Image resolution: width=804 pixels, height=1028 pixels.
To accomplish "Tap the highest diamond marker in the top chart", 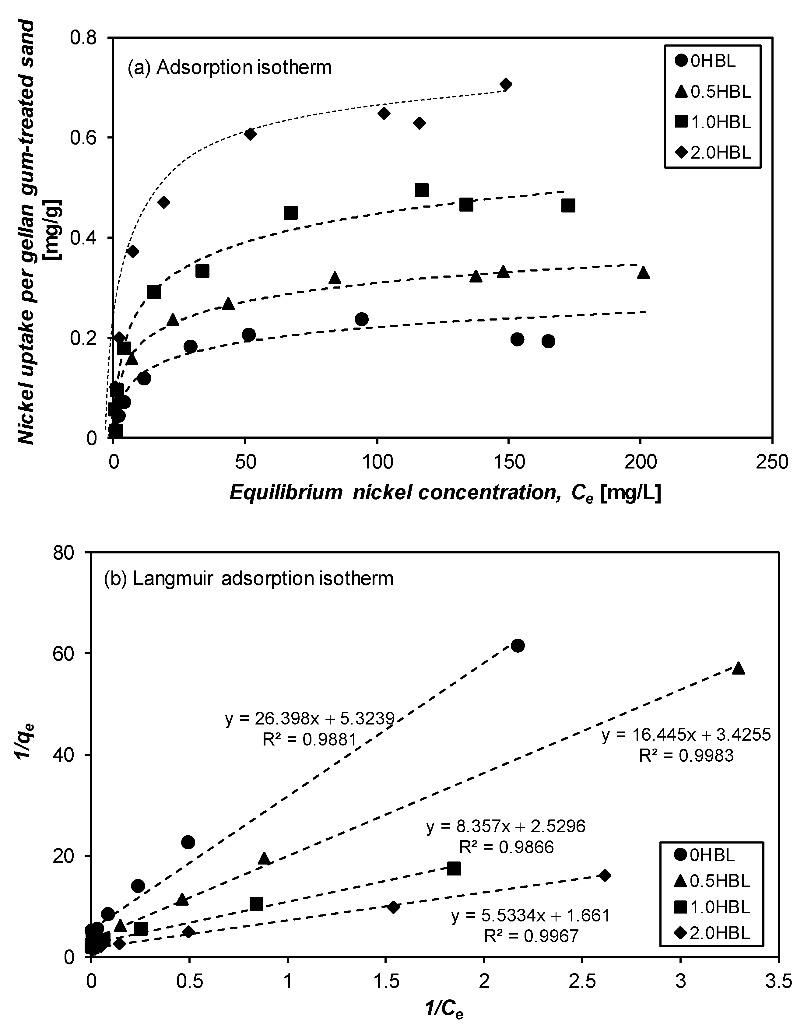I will click(506, 85).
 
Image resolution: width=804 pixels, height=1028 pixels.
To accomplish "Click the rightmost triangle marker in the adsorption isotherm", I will click(644, 272).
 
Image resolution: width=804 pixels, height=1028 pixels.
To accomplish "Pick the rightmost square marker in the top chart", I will click(568, 206).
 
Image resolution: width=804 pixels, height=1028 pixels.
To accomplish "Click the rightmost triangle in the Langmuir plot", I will click(739, 668).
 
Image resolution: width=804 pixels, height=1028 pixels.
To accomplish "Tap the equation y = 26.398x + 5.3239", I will click(309, 720).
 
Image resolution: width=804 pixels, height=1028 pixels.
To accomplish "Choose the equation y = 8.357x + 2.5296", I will click(506, 826).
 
